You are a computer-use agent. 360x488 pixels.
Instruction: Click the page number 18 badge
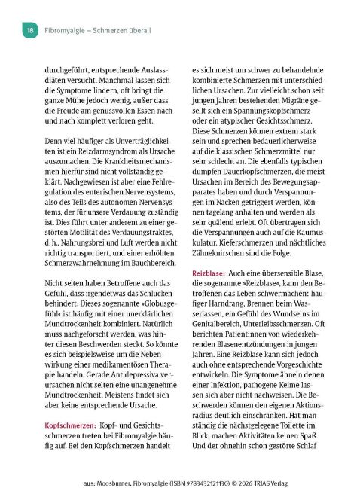[29, 30]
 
